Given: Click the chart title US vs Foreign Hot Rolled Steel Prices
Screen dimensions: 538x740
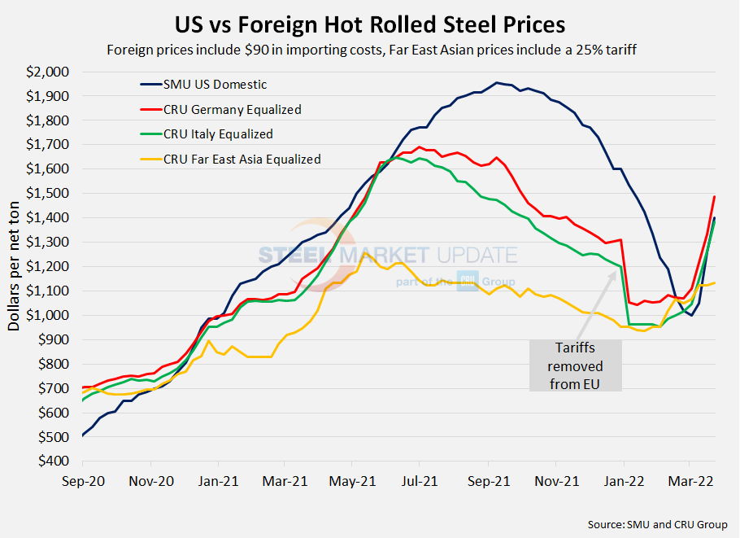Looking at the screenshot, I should (370, 22).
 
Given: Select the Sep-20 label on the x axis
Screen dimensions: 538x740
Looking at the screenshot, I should (84, 481).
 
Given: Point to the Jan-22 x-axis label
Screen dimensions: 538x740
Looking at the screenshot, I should (624, 481).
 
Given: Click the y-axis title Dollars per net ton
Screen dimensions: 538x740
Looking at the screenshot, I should (15, 267).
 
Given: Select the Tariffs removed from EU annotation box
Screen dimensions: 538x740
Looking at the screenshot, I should (576, 365).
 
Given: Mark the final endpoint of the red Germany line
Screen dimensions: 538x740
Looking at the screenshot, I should (714, 196).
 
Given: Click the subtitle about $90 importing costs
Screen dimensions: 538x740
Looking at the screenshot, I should (369, 49).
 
